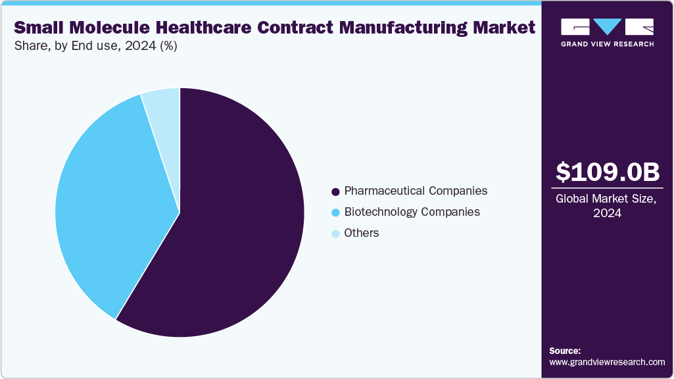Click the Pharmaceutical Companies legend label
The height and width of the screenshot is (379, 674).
point(416,191)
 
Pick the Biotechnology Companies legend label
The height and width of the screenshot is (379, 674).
point(412,212)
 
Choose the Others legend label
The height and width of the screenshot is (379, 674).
point(362,233)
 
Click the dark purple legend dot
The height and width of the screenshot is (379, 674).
point(335,191)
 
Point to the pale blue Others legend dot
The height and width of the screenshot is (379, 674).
point(335,234)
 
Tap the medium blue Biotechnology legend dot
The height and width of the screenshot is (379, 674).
point(335,213)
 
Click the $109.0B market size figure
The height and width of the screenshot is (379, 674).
point(607,172)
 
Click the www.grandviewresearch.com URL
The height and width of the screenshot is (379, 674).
point(607,362)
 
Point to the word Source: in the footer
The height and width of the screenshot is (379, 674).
point(564,351)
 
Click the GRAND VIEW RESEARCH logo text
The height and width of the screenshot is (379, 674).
point(607,44)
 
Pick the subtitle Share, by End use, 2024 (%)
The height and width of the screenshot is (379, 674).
point(96,46)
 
